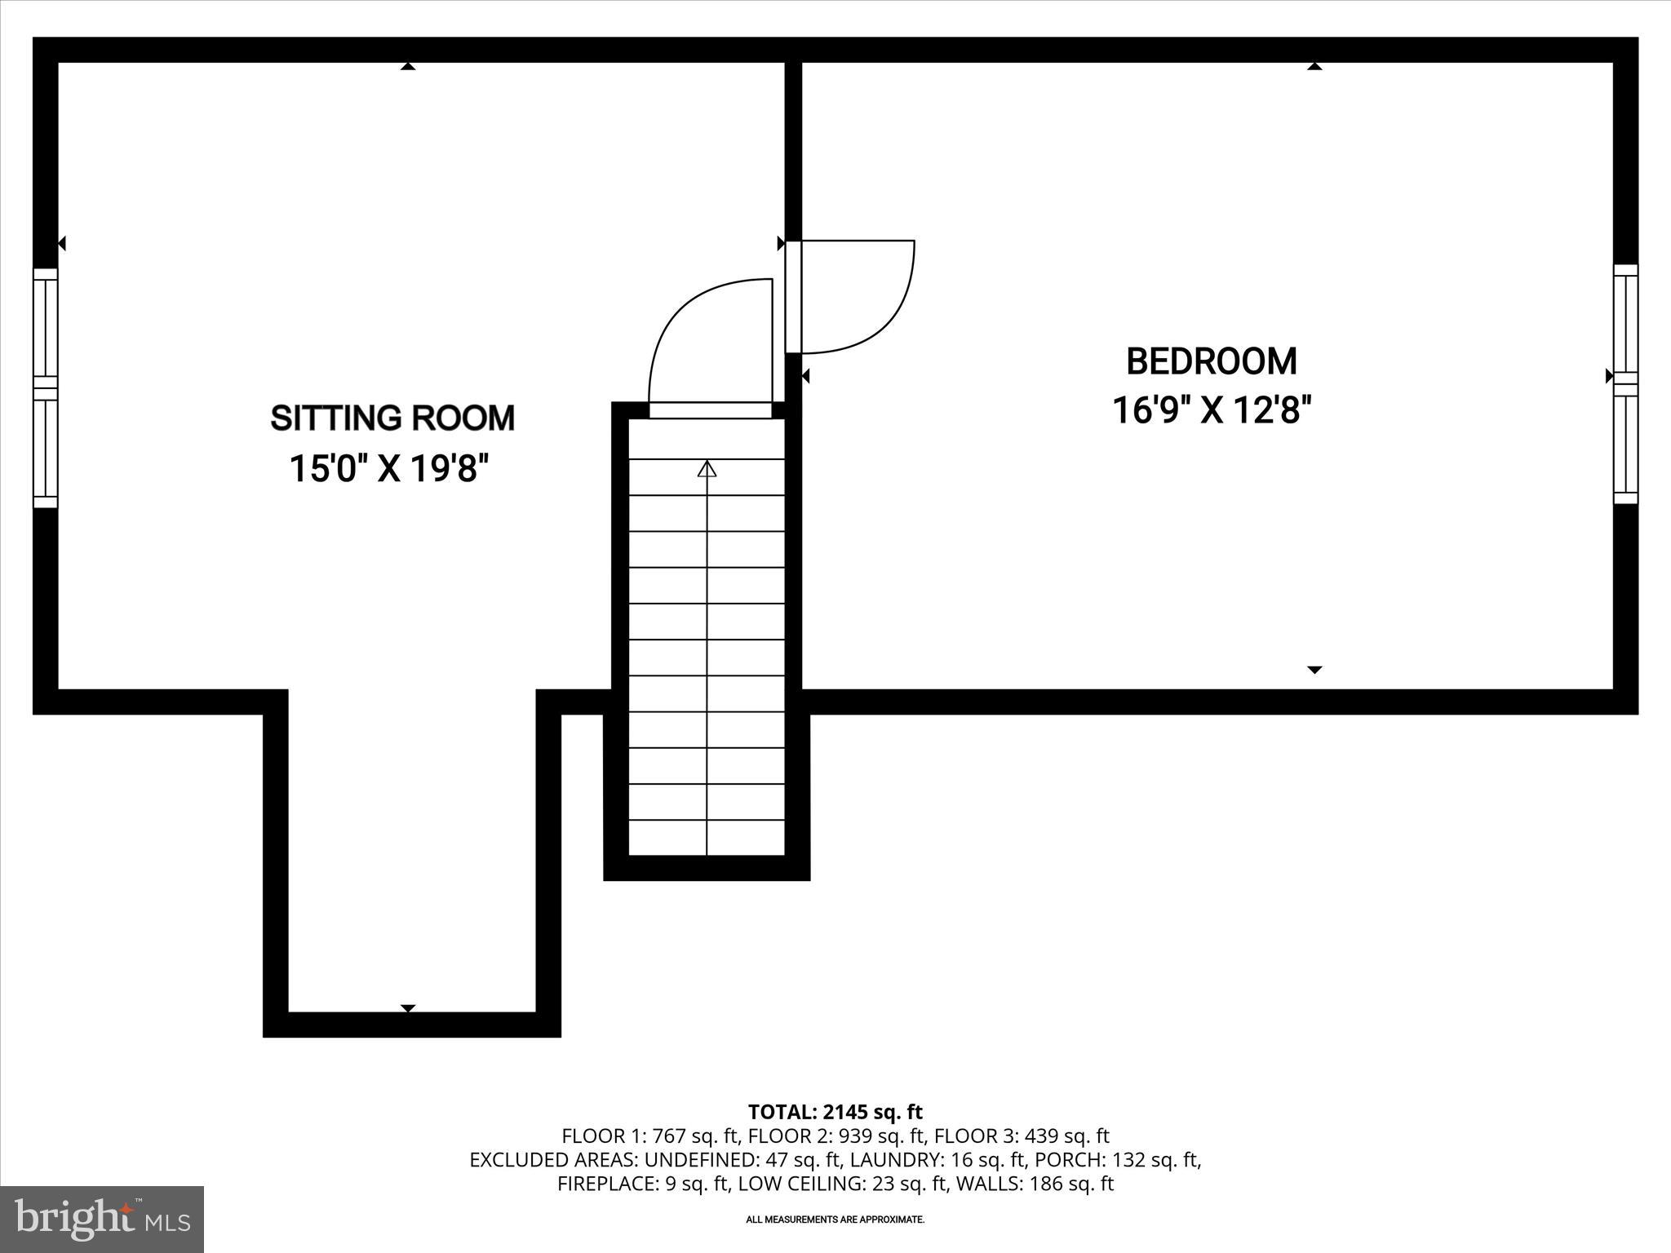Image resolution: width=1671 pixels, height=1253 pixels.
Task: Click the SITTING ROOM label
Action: (x=392, y=418)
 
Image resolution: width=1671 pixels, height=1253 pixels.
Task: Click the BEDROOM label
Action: (x=1211, y=361)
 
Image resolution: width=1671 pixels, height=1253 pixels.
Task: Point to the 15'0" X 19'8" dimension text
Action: (x=389, y=469)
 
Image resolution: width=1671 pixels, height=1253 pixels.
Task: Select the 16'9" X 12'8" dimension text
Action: (x=1211, y=410)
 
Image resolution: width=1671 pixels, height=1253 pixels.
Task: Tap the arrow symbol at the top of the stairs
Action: (x=707, y=469)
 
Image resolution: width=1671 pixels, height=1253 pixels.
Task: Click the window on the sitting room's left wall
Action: (x=46, y=388)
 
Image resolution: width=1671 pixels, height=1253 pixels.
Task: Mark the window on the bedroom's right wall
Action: (x=1625, y=383)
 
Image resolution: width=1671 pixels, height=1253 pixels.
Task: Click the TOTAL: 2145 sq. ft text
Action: (x=835, y=1112)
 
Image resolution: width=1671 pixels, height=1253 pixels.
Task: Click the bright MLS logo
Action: (x=102, y=1219)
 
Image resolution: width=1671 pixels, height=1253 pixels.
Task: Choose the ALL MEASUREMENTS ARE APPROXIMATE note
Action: (x=835, y=1220)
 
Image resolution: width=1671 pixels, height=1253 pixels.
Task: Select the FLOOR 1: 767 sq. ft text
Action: (x=649, y=1136)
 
